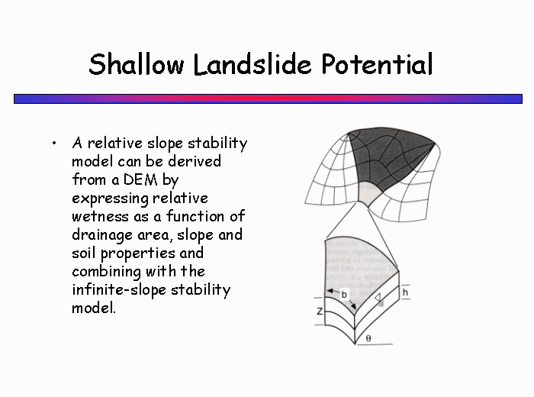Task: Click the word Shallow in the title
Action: (x=137, y=64)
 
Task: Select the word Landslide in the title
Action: (x=253, y=64)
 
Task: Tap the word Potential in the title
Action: (x=377, y=64)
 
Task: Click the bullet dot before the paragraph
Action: (x=54, y=143)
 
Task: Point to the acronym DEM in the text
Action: (x=140, y=179)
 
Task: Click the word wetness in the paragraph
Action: (x=101, y=217)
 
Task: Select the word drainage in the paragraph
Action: (x=102, y=236)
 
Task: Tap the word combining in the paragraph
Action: (x=107, y=272)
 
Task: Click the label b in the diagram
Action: (x=344, y=295)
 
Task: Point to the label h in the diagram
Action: (x=405, y=292)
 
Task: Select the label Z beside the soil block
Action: (x=320, y=311)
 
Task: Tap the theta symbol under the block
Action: (x=368, y=338)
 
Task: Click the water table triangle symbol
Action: (x=378, y=298)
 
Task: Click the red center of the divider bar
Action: (x=268, y=98)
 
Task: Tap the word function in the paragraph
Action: (x=195, y=216)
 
